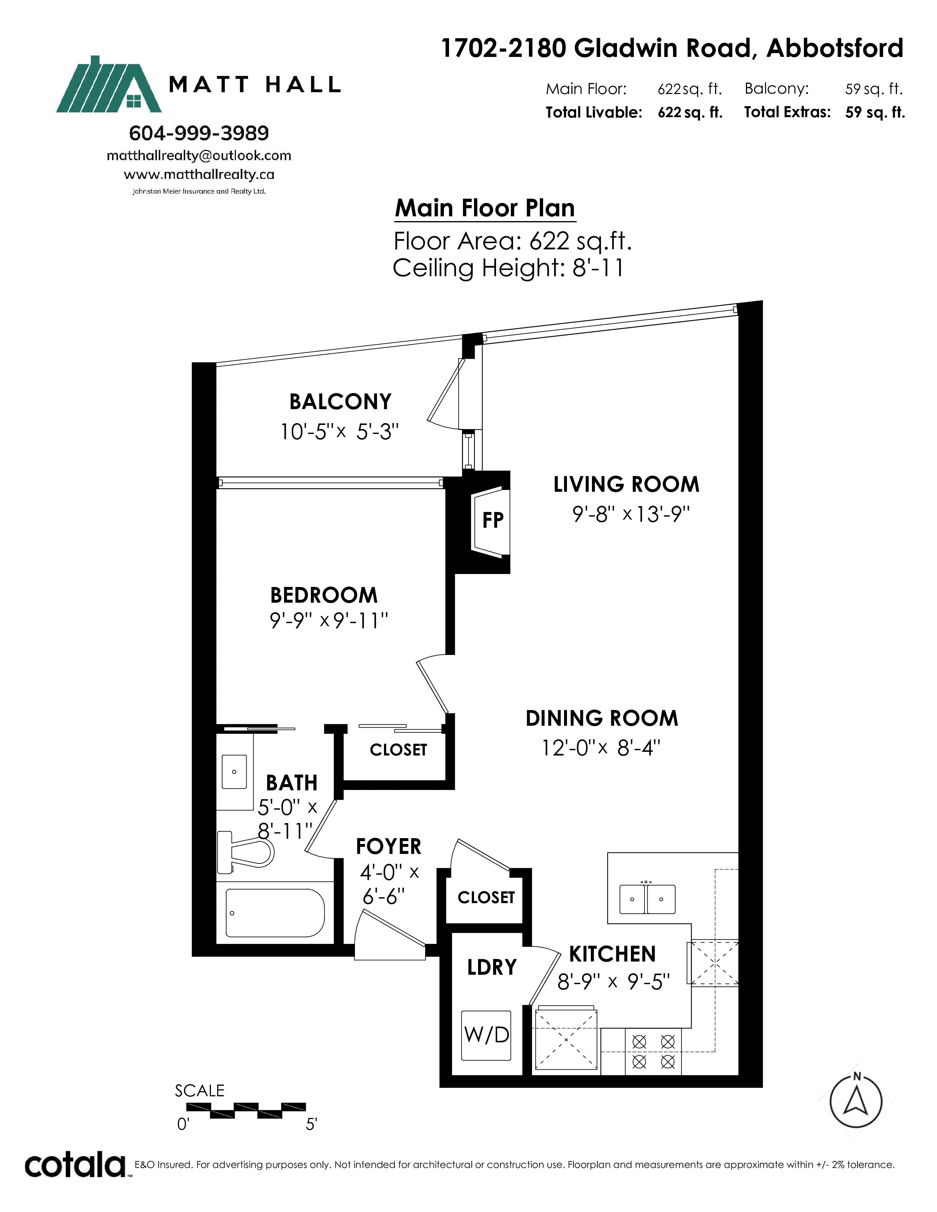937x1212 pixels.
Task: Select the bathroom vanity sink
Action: (x=234, y=771)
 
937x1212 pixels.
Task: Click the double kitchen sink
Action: (x=647, y=899)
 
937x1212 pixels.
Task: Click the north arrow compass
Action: (x=856, y=1100)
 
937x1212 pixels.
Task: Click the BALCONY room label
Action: (x=340, y=401)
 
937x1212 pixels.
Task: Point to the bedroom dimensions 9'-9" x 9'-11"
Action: (x=329, y=620)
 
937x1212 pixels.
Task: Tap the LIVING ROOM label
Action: (x=626, y=484)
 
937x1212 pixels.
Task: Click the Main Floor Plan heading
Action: (x=485, y=208)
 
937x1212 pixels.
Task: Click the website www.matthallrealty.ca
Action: (x=199, y=175)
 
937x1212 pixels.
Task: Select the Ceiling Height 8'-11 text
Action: (x=509, y=268)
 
